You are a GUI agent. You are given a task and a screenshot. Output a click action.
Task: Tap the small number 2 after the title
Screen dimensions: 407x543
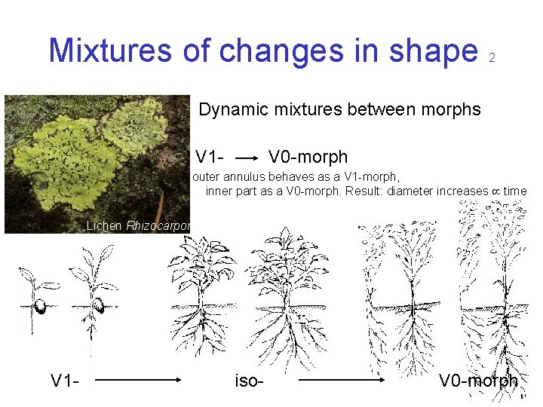(492, 58)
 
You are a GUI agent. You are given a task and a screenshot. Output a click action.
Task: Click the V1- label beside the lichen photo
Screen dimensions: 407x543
(209, 158)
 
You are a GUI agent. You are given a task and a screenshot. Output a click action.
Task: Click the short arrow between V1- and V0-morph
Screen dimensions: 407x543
(247, 159)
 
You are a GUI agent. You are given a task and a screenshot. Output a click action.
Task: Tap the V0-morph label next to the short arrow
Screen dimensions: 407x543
(308, 158)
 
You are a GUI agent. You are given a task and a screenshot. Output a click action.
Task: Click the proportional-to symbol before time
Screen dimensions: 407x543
(495, 191)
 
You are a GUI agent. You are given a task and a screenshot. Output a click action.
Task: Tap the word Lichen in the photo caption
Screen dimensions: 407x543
(104, 225)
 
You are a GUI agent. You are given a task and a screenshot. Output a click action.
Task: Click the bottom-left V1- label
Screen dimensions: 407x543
(66, 381)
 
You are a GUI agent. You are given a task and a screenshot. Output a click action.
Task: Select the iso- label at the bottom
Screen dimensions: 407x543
(249, 381)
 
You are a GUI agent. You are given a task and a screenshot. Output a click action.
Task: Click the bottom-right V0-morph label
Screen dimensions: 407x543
(478, 381)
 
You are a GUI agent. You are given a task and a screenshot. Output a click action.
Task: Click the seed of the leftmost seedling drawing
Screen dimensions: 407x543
(40, 308)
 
